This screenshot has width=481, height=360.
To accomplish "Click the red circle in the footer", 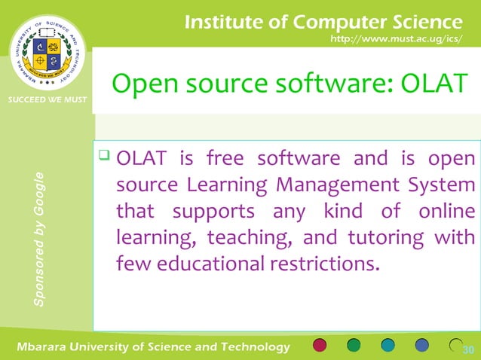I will (319, 346).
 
